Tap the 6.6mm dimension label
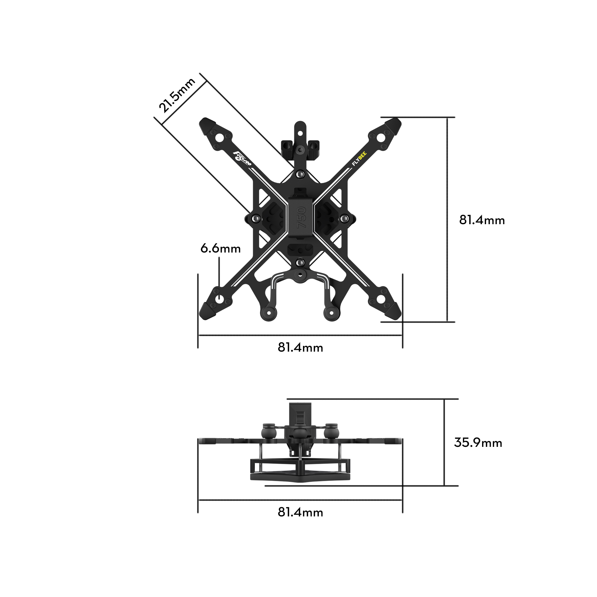coord(220,249)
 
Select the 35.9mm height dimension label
coord(478,442)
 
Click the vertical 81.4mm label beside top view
coord(482,220)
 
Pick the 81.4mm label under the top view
coord(300,347)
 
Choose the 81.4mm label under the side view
coord(300,512)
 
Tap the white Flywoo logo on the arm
coord(242,159)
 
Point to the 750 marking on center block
coord(301,218)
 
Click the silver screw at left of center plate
coord(255,219)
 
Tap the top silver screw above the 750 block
coord(300,175)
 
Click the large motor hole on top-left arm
coord(219,138)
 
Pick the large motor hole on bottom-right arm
coord(381,299)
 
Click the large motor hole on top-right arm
coord(381,138)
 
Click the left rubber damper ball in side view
coord(268,433)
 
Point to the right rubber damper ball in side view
coord(331,433)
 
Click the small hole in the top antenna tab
coord(300,133)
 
